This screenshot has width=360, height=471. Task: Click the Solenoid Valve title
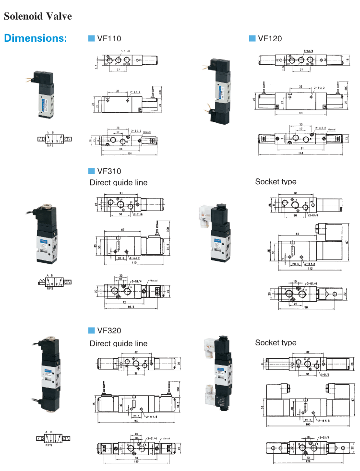pyautogui.click(x=38, y=16)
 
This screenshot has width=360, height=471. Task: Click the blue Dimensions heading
pyautogui.click(x=36, y=38)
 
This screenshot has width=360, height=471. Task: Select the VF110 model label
pyautogui.click(x=109, y=39)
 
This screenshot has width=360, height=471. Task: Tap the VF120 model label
pyautogui.click(x=270, y=39)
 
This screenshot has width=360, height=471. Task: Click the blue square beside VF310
pyautogui.click(x=92, y=171)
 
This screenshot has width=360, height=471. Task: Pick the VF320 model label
pyautogui.click(x=109, y=330)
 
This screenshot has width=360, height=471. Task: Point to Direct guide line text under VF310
pyautogui.click(x=119, y=182)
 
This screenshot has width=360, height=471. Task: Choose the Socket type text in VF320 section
pyautogui.click(x=276, y=342)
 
